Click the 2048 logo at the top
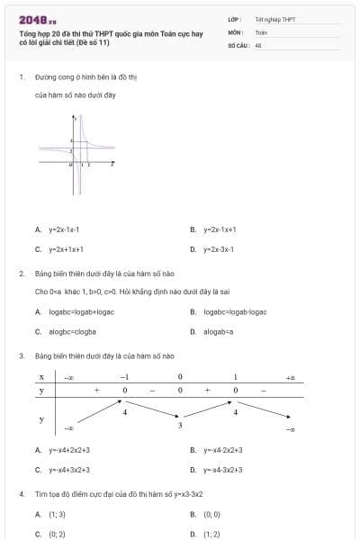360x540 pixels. tap(37, 20)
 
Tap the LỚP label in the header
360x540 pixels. tap(234, 19)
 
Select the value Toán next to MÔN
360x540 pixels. tap(262, 31)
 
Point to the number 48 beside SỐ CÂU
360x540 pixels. tap(258, 44)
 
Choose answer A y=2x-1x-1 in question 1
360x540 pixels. tap(64, 229)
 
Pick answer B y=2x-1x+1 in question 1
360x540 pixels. tap(220, 229)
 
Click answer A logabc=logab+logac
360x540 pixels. tap(80, 311)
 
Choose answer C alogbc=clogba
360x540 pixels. tap(71, 331)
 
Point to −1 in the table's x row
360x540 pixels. tap(125, 376)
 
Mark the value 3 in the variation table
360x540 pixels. tap(179, 424)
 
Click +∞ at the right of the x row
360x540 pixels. tap(290, 376)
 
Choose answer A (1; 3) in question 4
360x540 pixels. tap(57, 514)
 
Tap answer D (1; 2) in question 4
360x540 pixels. tap(211, 534)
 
